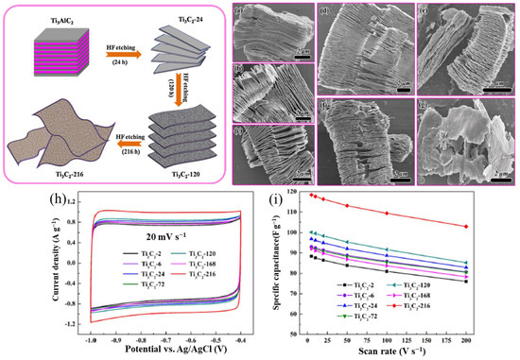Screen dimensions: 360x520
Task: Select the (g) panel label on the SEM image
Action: coord(428,97)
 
